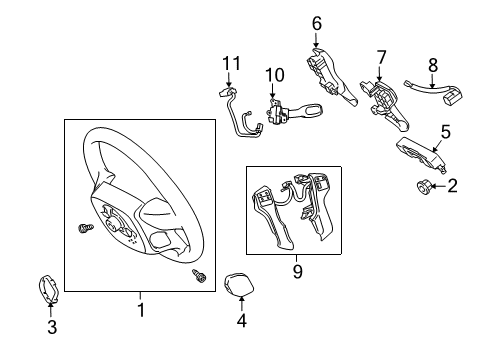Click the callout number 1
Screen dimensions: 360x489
[141, 311]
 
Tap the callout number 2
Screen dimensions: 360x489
[453, 185]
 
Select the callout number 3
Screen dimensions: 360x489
[52, 325]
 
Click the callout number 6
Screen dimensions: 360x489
[316, 22]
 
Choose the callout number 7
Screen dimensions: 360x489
[381, 56]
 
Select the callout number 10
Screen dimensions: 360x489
[274, 75]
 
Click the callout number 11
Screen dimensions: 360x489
[232, 64]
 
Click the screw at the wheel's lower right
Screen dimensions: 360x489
[198, 275]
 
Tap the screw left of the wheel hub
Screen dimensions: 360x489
[84, 229]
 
